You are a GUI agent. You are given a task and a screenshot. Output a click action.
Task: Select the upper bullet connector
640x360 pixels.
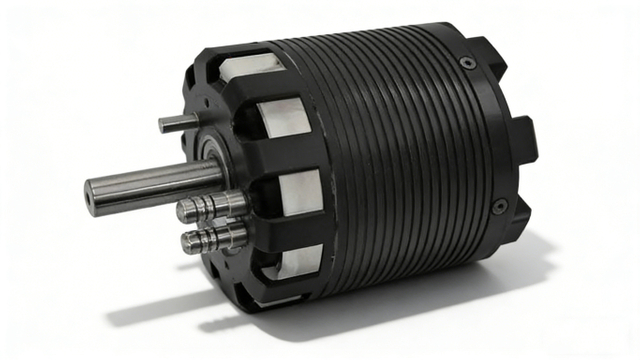point(210,208)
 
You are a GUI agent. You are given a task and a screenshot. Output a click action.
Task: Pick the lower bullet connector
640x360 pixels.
point(213,239)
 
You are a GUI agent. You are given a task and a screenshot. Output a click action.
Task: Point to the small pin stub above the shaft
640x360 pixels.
point(172,123)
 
